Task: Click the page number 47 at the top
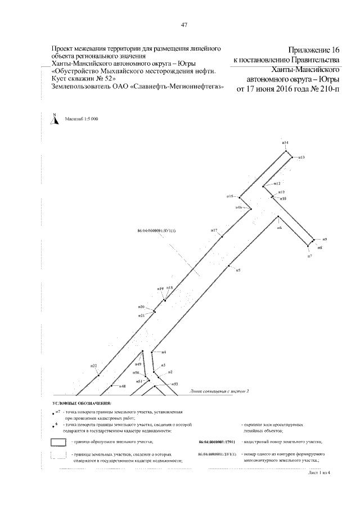184,24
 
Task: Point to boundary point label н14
285,143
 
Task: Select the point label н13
301,157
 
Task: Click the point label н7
309,256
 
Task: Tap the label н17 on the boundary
214,231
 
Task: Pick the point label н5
238,271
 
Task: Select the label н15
229,196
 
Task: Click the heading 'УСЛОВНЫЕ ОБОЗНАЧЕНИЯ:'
82,404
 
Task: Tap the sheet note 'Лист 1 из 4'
321,474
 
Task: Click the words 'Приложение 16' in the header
313,50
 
